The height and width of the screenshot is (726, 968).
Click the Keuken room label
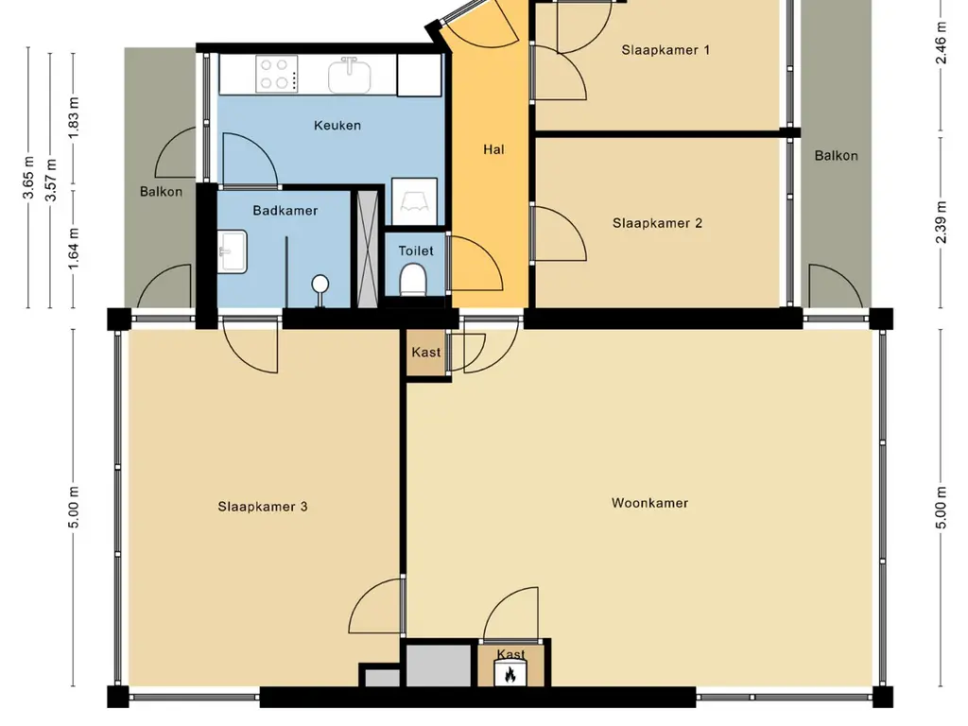pyautogui.click(x=337, y=126)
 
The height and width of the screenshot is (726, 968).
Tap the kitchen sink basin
pyautogui.click(x=350, y=75)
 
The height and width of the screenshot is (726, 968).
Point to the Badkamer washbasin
pyautogui.click(x=233, y=251)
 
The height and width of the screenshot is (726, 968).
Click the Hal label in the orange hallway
pyautogui.click(x=493, y=149)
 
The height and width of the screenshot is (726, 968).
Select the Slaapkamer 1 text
pyautogui.click(x=665, y=50)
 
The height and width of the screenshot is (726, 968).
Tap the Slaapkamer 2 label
pyautogui.click(x=658, y=223)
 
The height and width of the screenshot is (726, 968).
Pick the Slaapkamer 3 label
pyautogui.click(x=263, y=507)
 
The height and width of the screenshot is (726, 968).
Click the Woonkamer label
pyautogui.click(x=649, y=503)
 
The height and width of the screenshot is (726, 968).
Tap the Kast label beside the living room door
pyautogui.click(x=426, y=352)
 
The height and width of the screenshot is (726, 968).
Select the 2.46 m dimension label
pyautogui.click(x=941, y=43)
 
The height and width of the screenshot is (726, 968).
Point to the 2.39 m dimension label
pyautogui.click(x=941, y=221)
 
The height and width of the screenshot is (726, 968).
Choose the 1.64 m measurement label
pyautogui.click(x=74, y=249)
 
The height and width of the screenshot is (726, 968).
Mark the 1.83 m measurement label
pyautogui.click(x=74, y=117)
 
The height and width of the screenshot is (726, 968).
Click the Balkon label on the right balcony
pyautogui.click(x=836, y=156)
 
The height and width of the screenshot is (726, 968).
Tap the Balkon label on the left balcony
pyautogui.click(x=161, y=191)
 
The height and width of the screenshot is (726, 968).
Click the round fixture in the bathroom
pyautogui.click(x=320, y=284)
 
